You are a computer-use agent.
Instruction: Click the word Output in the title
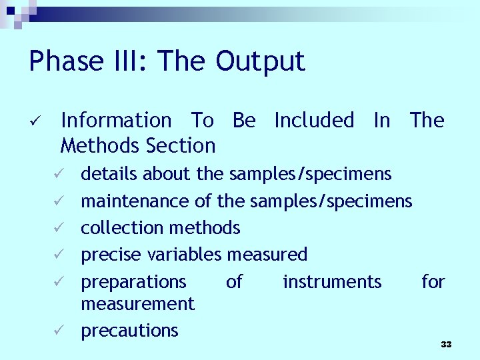[x=260, y=62]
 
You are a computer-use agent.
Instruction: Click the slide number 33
[x=446, y=345]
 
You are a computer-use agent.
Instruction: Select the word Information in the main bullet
[x=116, y=121]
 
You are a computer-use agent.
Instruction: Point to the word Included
[x=314, y=121]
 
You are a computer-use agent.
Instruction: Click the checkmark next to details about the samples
[x=59, y=175]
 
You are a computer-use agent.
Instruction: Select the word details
[x=109, y=175]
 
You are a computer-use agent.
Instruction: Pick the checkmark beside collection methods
[x=59, y=229]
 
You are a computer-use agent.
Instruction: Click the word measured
[x=267, y=255]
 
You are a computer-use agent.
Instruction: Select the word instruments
[x=332, y=282]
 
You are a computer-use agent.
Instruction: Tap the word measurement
[x=137, y=304]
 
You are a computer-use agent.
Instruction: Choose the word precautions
[x=129, y=331]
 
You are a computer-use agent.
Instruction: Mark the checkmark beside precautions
[x=59, y=331]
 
